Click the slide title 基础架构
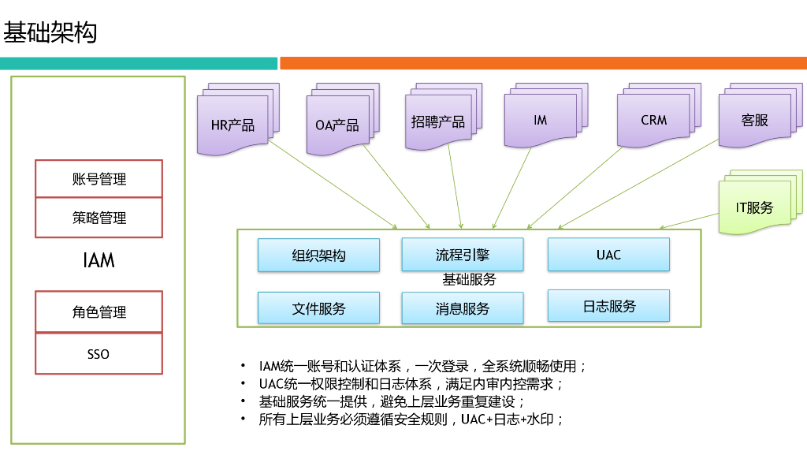pos(50,32)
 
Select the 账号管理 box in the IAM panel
pos(99,179)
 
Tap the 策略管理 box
pos(99,218)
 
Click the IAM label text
pos(99,260)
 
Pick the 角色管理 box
pos(99,312)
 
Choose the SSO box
pos(99,354)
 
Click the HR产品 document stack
pos(233,124)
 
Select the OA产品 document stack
pos(337,125)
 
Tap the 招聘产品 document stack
pos(438,121)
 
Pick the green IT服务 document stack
pos(754,207)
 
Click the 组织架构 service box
pos(318,255)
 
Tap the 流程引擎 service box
pos(462,255)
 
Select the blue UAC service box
pos(608,255)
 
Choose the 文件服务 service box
pos(318,308)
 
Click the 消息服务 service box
pos(462,308)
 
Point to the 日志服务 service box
pos(608,306)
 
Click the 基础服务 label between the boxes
pos(469,280)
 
